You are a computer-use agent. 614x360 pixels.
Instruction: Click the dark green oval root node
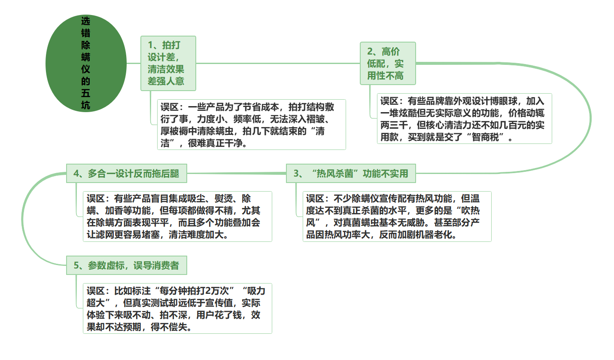[86, 63]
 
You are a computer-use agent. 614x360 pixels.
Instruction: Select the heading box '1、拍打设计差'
[168, 63]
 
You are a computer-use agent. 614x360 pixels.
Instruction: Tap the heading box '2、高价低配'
[388, 63]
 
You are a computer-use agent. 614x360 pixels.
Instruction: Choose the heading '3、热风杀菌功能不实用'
[351, 173]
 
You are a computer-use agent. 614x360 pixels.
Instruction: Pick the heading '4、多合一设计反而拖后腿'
[127, 173]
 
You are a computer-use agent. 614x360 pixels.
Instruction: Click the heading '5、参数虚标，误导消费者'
[127, 265]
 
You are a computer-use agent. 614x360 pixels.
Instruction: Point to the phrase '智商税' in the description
[485, 137]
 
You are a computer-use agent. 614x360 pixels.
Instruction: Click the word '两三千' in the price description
[394, 125]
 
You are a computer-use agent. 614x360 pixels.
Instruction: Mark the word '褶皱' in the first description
[315, 119]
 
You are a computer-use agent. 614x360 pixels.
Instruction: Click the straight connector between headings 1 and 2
[278, 63]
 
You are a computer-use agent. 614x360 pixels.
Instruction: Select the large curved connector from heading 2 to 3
[590, 119]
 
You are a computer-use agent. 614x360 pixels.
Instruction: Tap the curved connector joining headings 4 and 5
[22, 220]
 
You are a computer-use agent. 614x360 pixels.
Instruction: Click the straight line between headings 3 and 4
[237, 173]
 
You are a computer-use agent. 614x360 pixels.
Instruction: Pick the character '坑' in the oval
[85, 105]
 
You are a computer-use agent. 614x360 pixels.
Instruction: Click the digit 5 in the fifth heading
[76, 265]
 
